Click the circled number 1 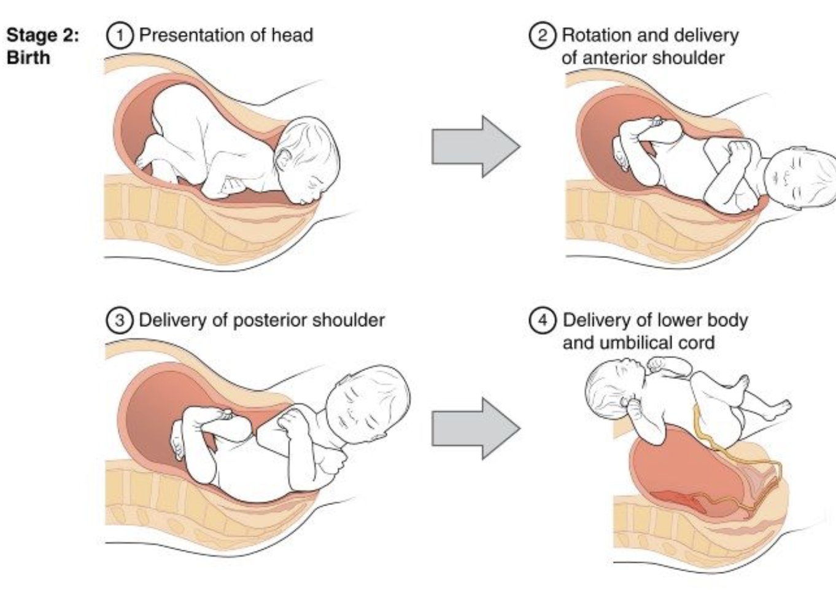pos(119,35)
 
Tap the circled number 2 pos(542,35)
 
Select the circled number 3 pos(119,320)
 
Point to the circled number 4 pos(542,320)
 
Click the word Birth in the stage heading pos(28,58)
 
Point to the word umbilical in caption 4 pos(638,342)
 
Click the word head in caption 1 pos(293,35)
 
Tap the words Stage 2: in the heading pos(42,35)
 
